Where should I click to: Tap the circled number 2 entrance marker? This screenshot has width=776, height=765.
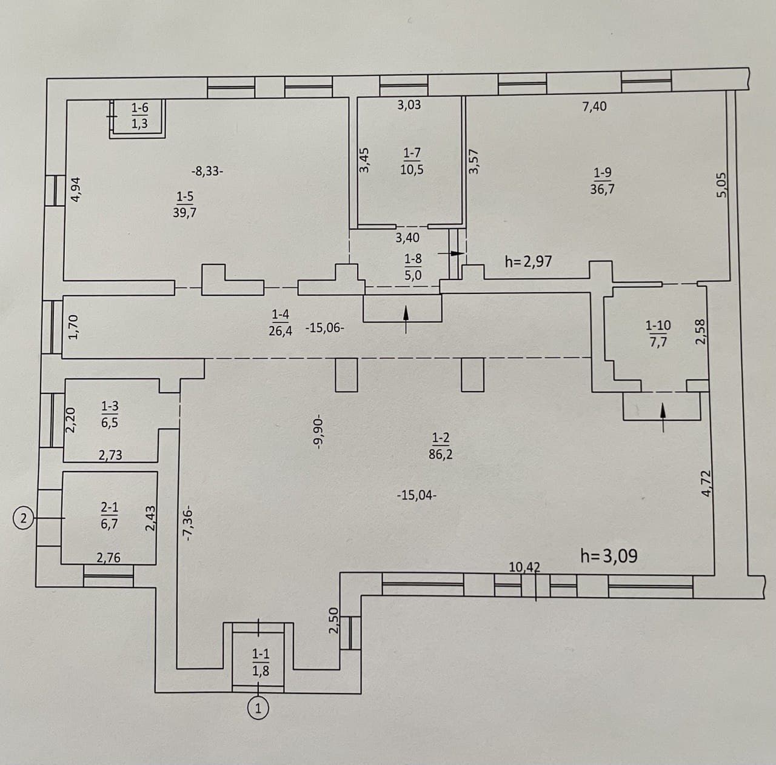(x=24, y=518)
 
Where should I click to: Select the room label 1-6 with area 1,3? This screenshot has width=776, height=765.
(x=139, y=115)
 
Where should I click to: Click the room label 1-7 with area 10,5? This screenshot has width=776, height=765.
(x=412, y=161)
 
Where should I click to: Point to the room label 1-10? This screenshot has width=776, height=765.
(x=658, y=325)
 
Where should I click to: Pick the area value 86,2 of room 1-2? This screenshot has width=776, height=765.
(x=441, y=455)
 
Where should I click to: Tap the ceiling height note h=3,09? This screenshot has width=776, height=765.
(x=609, y=556)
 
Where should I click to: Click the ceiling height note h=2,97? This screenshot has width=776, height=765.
(x=528, y=262)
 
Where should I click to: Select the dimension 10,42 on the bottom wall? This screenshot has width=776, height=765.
(x=524, y=567)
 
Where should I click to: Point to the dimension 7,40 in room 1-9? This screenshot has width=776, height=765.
(x=594, y=107)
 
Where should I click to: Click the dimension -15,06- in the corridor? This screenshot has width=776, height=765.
(x=324, y=329)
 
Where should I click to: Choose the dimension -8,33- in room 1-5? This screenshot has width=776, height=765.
(x=207, y=171)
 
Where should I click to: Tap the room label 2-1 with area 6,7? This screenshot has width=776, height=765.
(x=109, y=516)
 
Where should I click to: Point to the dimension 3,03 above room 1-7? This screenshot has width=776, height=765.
(x=409, y=105)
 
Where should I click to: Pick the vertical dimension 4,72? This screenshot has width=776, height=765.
(x=708, y=483)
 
